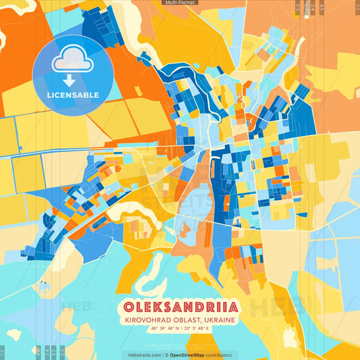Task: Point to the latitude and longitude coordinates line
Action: pos(179,329)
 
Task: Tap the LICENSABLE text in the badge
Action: pos(73,95)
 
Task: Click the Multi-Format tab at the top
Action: pos(180,3)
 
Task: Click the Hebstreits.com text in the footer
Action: pos(143,355)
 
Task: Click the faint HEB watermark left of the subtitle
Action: pos(76,307)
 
